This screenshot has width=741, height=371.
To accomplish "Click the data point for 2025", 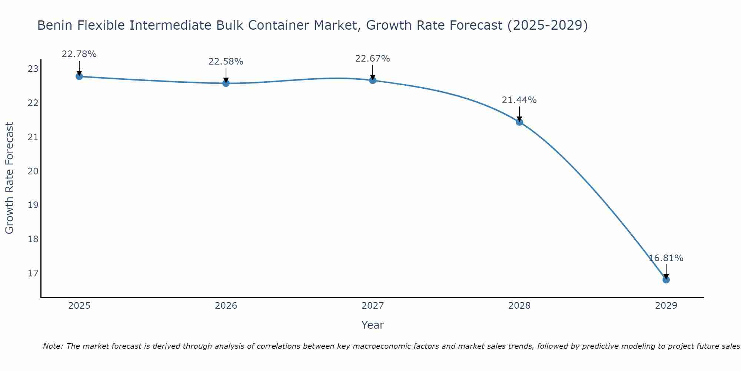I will point(79,76).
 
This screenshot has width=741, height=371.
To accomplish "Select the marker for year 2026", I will point(226,83).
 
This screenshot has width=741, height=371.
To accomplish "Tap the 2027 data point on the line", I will point(373,80).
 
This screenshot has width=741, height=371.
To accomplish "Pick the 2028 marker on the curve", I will point(519,122).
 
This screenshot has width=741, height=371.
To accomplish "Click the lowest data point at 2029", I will point(666,280).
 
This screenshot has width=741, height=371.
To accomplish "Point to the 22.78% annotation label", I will point(79,54).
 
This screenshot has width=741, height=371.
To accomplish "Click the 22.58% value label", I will point(226,62).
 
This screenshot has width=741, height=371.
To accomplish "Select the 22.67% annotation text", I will point(372,59).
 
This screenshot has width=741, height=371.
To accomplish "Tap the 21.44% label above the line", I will point(519,100).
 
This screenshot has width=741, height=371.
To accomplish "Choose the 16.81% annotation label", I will point(666,258).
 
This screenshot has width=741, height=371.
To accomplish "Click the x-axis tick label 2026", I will point(226,306).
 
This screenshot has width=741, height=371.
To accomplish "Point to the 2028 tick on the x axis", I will point(519,306).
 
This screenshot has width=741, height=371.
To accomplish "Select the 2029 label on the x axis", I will point(666,306).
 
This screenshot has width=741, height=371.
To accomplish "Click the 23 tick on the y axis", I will point(33,69).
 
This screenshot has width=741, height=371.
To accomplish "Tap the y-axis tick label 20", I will point(33,171).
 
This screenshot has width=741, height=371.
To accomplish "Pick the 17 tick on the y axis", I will point(33,273).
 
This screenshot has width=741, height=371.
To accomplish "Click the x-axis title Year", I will point(372,325).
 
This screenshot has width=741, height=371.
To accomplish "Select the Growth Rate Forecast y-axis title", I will point(10,178).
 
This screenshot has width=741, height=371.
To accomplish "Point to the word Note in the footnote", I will point(53,347).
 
